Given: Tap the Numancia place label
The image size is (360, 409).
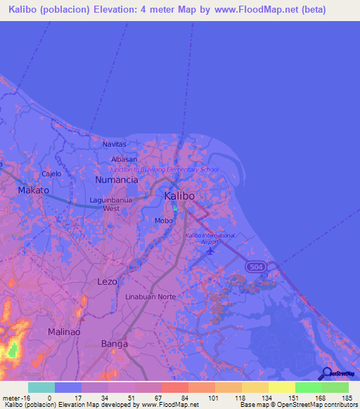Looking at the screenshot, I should pyautogui.click(x=116, y=180).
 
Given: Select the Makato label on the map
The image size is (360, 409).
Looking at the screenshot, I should pyautogui.click(x=33, y=190).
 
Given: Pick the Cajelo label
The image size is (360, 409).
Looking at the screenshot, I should pyautogui.click(x=51, y=174).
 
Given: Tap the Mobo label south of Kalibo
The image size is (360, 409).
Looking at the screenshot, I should pyautogui.click(x=163, y=221).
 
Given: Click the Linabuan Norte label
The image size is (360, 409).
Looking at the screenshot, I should pyautogui.click(x=150, y=297).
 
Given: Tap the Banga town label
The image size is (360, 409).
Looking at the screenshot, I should pyautogui.click(x=115, y=344).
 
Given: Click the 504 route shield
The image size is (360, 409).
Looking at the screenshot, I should pyautogui.click(x=256, y=267).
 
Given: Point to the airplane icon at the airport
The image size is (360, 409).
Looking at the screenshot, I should pyautogui.click(x=212, y=252).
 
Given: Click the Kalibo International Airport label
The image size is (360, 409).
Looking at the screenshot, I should pyautogui.click(x=210, y=238).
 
